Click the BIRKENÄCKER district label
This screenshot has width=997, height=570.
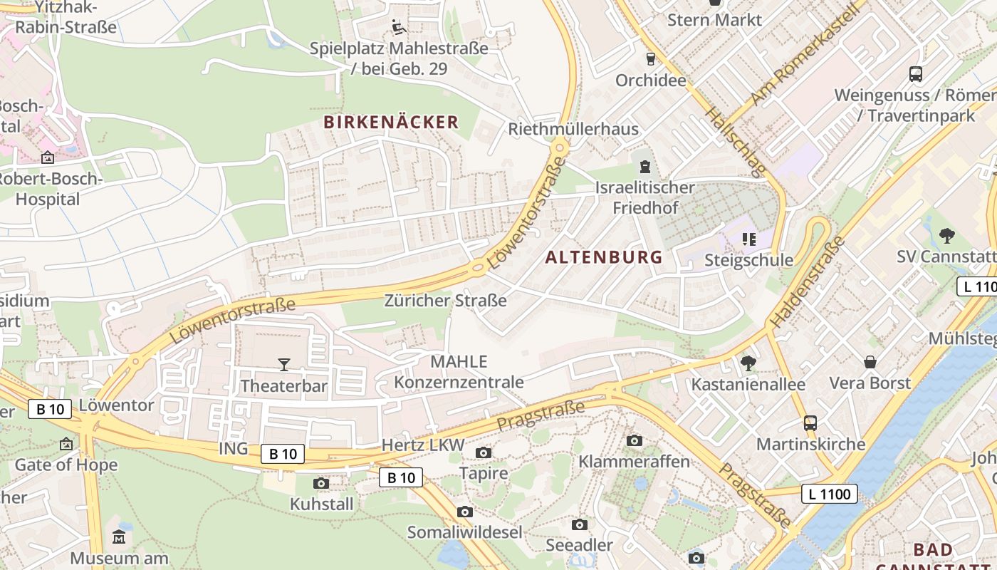pyautogui.click(x=391, y=122)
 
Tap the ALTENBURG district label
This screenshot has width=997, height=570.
pyautogui.click(x=604, y=257)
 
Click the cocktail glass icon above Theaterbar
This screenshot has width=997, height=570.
pyautogui.click(x=284, y=365)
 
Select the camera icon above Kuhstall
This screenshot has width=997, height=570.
pyautogui.click(x=321, y=484)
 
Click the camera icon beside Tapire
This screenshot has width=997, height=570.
pyautogui.click(x=484, y=452)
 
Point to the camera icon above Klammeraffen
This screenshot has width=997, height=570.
pyautogui.click(x=635, y=440)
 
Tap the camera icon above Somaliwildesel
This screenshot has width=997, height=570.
pyautogui.click(x=465, y=512)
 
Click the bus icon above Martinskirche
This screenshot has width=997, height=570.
pyautogui.click(x=810, y=423)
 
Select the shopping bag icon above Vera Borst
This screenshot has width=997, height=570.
pyautogui.click(x=870, y=362)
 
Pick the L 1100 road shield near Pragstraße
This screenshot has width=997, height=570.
pyautogui.click(x=830, y=493)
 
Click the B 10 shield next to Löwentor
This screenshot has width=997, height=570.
pyautogui.click(x=51, y=409)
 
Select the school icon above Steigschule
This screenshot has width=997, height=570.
pyautogui.click(x=748, y=239)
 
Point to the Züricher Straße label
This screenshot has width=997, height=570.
pyautogui.click(x=446, y=300)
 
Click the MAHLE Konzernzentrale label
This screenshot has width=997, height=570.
pyautogui.click(x=459, y=371)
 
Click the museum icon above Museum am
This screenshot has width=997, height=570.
pyautogui.click(x=119, y=537)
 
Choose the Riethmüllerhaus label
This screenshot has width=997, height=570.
pyautogui.click(x=573, y=129)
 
